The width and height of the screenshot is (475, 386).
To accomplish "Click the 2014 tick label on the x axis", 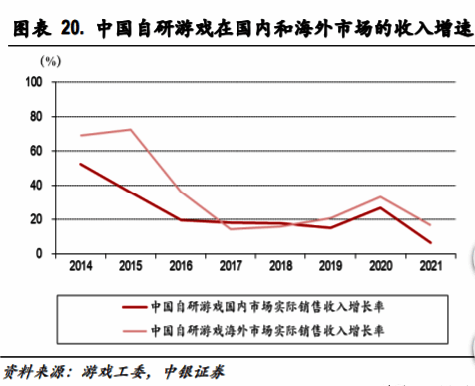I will [x=80, y=267].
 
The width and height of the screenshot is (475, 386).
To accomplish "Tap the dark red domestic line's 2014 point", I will [x=80, y=164].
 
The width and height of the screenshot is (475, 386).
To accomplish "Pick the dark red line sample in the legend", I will [x=132, y=309].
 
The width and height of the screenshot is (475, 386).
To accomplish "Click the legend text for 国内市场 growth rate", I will [x=267, y=309].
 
